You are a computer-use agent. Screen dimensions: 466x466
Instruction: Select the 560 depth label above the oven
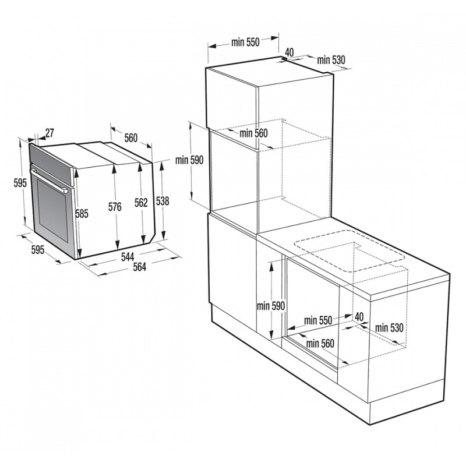130,138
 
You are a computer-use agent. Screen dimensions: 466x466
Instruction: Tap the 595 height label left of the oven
20,183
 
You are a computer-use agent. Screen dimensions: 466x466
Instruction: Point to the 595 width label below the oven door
37,250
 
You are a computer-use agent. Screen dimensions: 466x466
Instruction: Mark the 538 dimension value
163,201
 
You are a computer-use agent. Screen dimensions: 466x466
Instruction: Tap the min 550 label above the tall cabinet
245,42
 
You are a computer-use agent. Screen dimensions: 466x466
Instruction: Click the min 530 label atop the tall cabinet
331,60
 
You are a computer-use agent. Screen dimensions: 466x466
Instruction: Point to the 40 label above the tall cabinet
290,52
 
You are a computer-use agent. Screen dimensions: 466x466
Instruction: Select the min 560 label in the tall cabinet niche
253,133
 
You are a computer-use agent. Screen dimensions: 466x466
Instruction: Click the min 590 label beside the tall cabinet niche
189,161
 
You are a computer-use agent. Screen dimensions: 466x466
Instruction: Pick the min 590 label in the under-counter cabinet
270,306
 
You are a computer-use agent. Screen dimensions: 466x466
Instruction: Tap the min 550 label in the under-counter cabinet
318,320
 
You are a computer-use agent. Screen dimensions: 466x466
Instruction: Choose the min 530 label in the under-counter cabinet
389,328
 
